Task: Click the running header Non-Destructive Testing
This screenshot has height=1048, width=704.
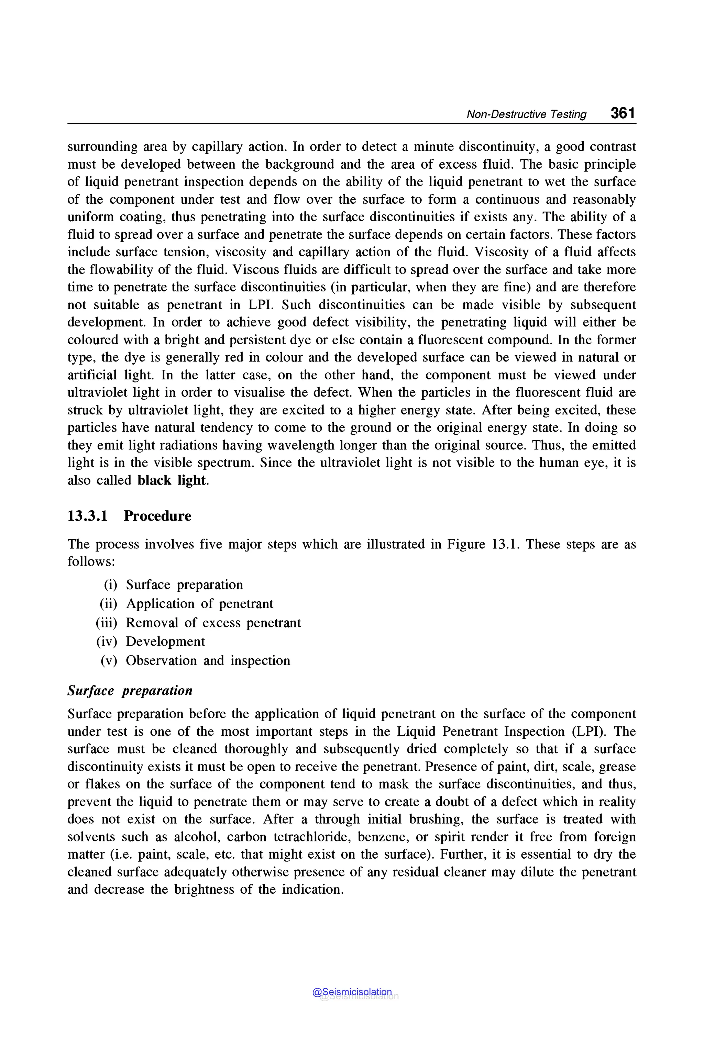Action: [526, 114]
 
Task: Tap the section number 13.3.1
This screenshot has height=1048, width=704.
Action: [88, 516]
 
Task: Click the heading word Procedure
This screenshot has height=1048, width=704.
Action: [157, 516]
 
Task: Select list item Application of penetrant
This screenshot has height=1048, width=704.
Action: [199, 604]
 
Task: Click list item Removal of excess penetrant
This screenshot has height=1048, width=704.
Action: [213, 623]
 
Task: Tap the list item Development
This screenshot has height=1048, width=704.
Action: [165, 642]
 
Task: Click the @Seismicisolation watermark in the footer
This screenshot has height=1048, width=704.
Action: [352, 992]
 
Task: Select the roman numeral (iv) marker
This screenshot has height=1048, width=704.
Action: [107, 642]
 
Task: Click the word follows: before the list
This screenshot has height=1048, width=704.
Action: [91, 561]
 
